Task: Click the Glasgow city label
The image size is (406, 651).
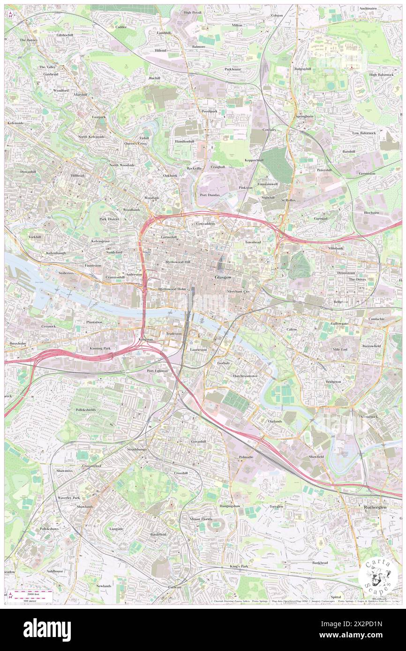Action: coord(223,277)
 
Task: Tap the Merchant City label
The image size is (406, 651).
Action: coord(239,291)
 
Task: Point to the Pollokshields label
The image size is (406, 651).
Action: coord(85,410)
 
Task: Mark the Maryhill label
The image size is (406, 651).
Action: coord(81,94)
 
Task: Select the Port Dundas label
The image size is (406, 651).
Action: coord(210,195)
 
